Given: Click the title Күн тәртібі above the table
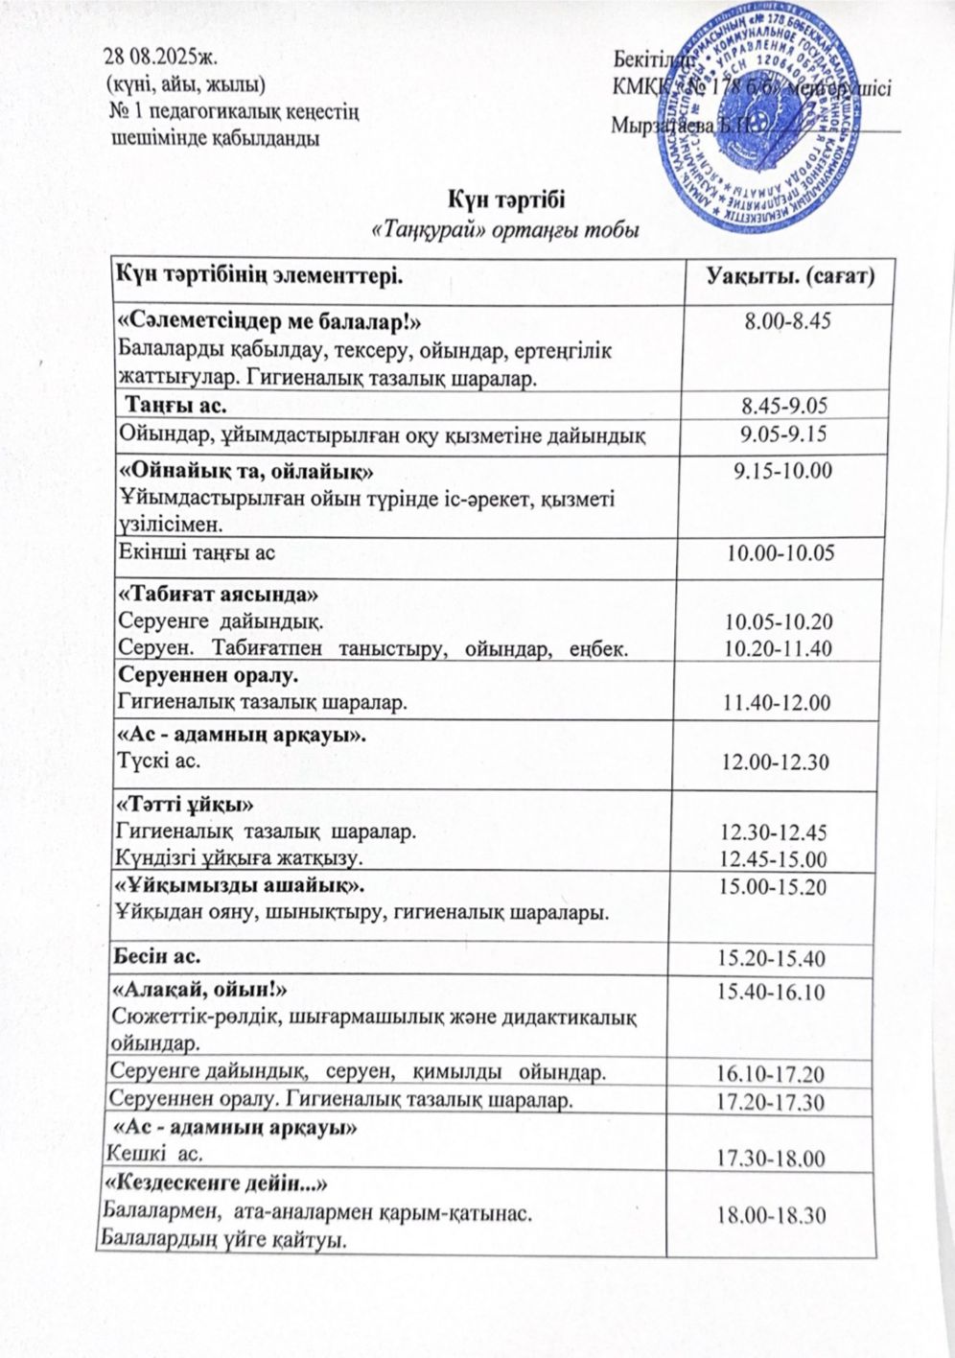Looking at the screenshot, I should pos(505,200).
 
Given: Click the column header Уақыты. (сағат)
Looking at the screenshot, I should pos(790,278).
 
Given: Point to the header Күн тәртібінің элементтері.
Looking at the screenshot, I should pos(257,277).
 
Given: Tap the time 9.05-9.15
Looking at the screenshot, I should pos(783,434).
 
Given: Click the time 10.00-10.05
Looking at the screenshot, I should pos(780,552).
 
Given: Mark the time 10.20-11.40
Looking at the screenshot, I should pos(778,649).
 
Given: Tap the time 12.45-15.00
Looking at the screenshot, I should pos(778,856).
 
